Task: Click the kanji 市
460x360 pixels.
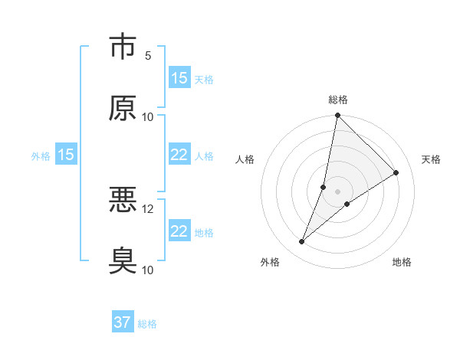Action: coord(123,47)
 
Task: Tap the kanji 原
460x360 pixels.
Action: coord(123,109)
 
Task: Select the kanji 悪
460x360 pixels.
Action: coord(123,201)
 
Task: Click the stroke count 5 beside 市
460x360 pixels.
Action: coord(148,56)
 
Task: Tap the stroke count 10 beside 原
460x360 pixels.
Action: coord(148,117)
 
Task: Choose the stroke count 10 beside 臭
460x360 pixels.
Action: coord(148,270)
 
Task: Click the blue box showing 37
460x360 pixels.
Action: coord(123,322)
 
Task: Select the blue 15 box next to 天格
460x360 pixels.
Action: coord(179,77)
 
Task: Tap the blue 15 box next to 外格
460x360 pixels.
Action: coord(66,155)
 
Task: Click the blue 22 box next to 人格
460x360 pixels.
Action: coord(179,155)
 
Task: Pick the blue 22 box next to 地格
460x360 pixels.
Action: coord(179,231)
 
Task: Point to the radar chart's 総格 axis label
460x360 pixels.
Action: coord(338,100)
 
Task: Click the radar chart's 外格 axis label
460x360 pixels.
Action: coord(270,262)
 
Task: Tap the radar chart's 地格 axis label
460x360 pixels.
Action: coord(402,262)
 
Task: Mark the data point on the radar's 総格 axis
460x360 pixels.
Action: coord(337,116)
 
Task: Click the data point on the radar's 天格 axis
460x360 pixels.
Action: coord(396,172)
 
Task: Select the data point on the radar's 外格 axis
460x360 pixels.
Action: coord(302,242)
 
